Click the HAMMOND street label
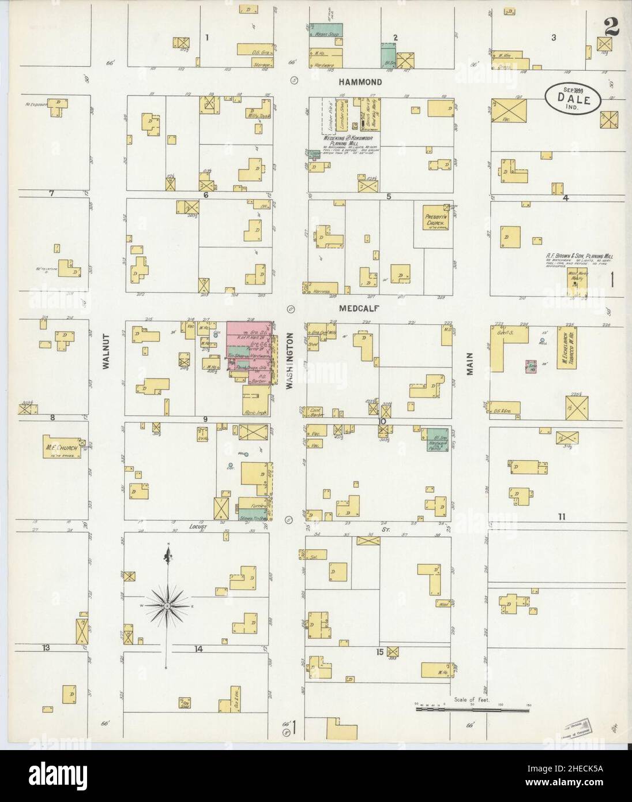click(x=360, y=83)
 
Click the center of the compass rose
click(x=167, y=605)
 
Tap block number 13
click(x=45, y=648)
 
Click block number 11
click(x=561, y=516)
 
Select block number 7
click(x=51, y=193)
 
